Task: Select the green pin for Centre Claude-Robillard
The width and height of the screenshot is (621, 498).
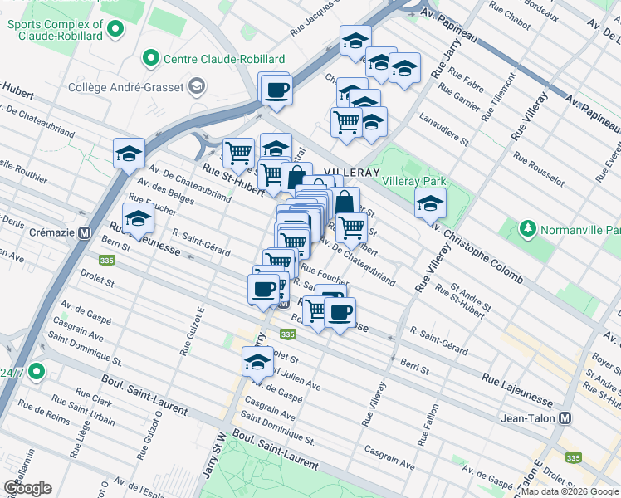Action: pyautogui.click(x=150, y=58)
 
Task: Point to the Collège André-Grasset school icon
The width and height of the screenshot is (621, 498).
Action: pyautogui.click(x=197, y=85)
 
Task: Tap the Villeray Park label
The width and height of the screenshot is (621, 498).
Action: pyautogui.click(x=413, y=181)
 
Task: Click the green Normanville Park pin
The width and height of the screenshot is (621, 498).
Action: pyautogui.click(x=526, y=227)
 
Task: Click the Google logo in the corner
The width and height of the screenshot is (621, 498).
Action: pyautogui.click(x=27, y=487)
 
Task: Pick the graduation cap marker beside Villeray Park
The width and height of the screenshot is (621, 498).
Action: pyautogui.click(x=430, y=203)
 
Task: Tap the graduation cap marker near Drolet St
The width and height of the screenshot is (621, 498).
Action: pyautogui.click(x=257, y=361)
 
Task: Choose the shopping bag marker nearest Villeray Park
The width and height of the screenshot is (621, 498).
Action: pyautogui.click(x=345, y=202)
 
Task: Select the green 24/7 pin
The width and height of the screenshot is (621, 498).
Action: pyautogui.click(x=35, y=372)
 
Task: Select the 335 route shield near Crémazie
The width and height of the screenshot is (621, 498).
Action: pyautogui.click(x=106, y=261)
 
